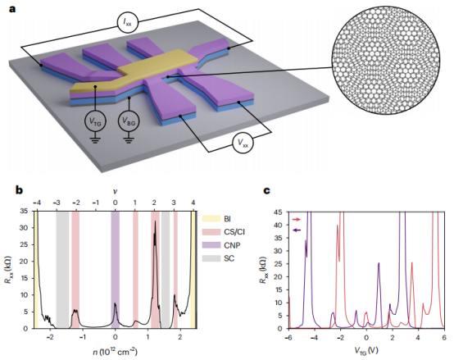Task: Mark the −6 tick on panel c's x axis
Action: point(288,337)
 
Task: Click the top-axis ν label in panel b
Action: point(116,190)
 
